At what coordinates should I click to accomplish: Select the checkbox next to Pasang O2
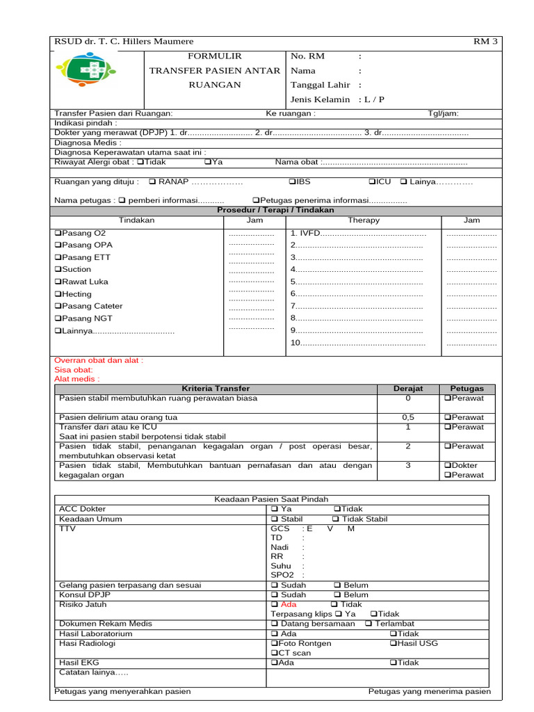tap(58, 233)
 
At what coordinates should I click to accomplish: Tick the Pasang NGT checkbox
tap(58, 318)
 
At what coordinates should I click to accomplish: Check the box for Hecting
tap(58, 294)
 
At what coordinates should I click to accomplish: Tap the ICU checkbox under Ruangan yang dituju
tap(371, 181)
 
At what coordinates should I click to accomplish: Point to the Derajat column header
tap(408, 389)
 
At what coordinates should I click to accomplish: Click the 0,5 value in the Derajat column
tap(408, 417)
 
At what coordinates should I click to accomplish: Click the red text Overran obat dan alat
tap(99, 360)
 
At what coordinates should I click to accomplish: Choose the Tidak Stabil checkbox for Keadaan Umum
tap(336, 519)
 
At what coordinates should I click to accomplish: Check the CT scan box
tap(274, 653)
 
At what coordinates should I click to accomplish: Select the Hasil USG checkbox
tap(394, 643)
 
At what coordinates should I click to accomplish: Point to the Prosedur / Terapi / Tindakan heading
tap(275, 210)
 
